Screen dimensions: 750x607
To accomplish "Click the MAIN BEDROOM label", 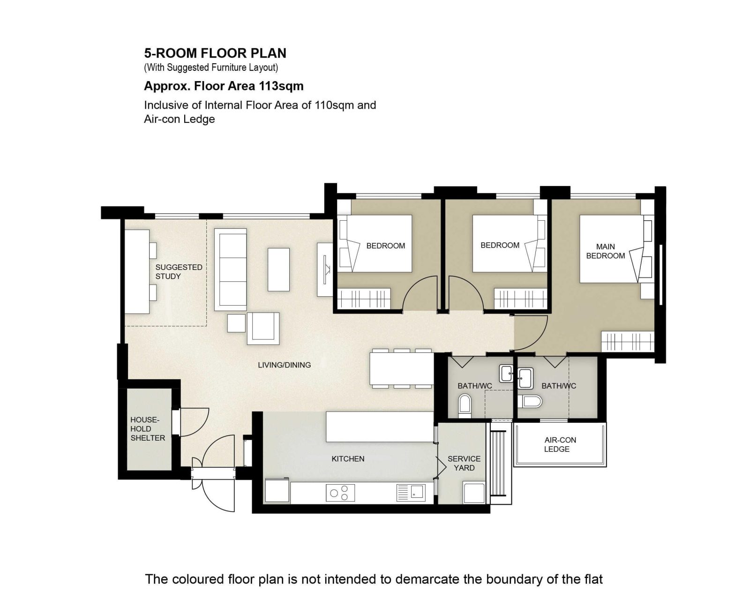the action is (605, 251).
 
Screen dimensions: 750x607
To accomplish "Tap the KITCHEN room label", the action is (347, 459).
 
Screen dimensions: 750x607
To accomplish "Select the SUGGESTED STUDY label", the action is (179, 272).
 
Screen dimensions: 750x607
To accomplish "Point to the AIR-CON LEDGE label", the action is (560, 444).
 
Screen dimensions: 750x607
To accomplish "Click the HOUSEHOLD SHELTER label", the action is (148, 429).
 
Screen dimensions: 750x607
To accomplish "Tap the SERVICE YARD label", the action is (464, 464).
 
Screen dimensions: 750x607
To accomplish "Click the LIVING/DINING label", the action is (284, 365).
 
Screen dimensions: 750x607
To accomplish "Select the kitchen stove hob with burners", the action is (340, 493).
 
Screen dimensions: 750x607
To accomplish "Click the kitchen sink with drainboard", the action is (411, 493).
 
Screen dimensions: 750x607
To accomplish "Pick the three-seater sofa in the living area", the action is (231, 270).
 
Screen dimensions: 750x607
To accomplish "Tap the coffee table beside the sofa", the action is (278, 270).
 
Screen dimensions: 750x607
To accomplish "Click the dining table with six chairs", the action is (402, 368).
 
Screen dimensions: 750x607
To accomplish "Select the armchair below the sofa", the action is (263, 328).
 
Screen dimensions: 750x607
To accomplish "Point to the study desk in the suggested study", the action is (137, 271).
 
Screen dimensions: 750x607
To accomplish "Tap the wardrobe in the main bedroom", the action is (628, 341).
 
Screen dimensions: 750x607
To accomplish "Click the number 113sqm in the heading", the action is (281, 86).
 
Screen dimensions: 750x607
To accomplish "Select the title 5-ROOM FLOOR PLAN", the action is (215, 53).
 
